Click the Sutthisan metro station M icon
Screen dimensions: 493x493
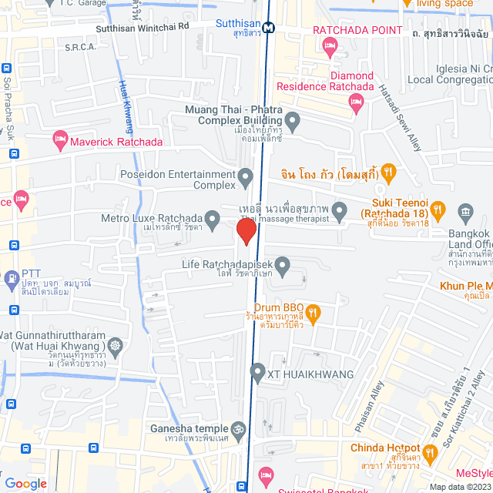coord(268,28)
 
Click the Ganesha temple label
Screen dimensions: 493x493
coord(195,428)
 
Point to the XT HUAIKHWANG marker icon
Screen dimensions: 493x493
coord(258,374)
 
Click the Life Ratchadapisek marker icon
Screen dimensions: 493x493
coord(283,267)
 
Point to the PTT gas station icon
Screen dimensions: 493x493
coord(12,277)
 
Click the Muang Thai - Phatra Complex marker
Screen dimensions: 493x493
coord(292,121)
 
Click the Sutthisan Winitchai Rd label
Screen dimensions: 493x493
coord(142,26)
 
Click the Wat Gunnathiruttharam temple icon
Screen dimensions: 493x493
coord(116,345)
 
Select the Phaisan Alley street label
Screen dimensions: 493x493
coord(367,407)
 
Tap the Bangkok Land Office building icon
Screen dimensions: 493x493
coord(464,211)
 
